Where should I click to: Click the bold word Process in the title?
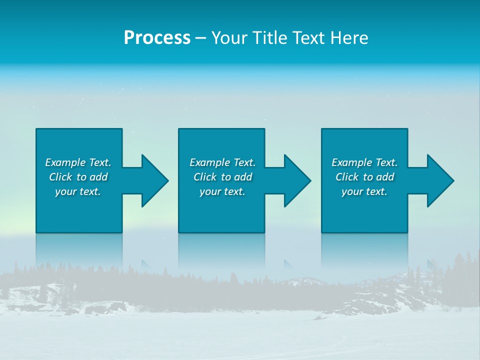coord(157,38)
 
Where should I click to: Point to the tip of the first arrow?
coord(167,180)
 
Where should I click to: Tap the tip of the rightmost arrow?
coord(453,180)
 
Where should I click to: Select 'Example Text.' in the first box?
coord(78,162)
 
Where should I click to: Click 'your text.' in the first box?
coord(78,191)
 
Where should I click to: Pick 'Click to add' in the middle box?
coord(222,177)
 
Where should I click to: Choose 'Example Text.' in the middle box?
coord(222,162)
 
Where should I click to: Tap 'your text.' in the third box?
coord(364,191)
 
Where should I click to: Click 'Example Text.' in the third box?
coord(364,162)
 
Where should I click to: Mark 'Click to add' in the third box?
coord(364,177)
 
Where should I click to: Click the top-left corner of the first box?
coord(36,129)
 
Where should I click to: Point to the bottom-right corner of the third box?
coord(407,232)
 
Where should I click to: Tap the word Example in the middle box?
coord(209,162)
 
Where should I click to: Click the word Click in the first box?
coord(61,177)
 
